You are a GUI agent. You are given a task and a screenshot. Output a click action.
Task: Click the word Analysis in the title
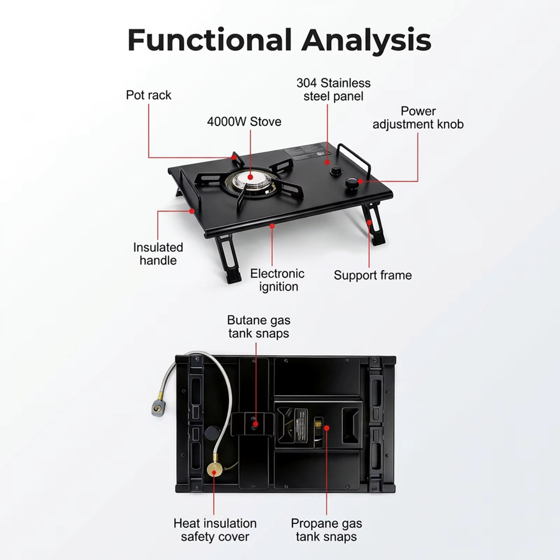coord(366,41)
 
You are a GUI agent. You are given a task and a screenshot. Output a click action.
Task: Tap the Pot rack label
coord(149,95)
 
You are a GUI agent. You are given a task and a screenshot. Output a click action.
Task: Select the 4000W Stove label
coord(245,122)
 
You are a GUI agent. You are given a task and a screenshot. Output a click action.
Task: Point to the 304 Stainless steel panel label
coord(334,90)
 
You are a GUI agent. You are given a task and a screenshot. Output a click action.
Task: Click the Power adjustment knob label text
coord(418,118)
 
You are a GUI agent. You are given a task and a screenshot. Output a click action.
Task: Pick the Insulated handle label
coord(158,254)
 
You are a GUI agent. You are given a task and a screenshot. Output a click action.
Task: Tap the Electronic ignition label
coord(278,280)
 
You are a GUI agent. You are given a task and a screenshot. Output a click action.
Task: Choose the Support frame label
coord(373,275)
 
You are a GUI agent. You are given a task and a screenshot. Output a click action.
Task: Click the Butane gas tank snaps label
coord(259,327)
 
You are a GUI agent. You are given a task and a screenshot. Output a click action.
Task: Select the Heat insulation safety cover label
coord(215,530)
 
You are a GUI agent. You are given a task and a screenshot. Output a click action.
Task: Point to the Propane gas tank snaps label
coord(327,530)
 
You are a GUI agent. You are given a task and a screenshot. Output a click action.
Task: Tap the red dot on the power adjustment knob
coord(361,182)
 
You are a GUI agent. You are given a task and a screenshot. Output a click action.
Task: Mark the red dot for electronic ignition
coord(272,226)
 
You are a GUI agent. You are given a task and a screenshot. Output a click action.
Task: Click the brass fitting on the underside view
coord(215,472)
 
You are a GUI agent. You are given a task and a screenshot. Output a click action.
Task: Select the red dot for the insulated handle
coord(192,211)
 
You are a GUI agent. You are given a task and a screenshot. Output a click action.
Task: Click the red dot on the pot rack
coord(234,157)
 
